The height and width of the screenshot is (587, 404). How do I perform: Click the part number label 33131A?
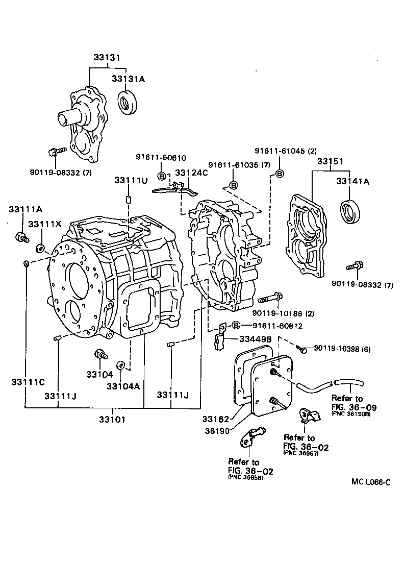click(x=129, y=79)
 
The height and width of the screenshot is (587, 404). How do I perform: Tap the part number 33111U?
click(x=131, y=180)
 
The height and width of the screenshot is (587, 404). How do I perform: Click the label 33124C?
click(x=192, y=173)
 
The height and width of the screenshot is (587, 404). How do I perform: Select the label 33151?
click(x=330, y=161)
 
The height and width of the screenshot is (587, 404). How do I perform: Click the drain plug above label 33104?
click(x=100, y=354)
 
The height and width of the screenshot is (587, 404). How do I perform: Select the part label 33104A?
click(x=123, y=386)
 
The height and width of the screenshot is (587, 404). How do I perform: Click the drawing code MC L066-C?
click(x=370, y=481)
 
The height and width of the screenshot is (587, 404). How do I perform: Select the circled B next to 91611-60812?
click(x=236, y=325)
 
